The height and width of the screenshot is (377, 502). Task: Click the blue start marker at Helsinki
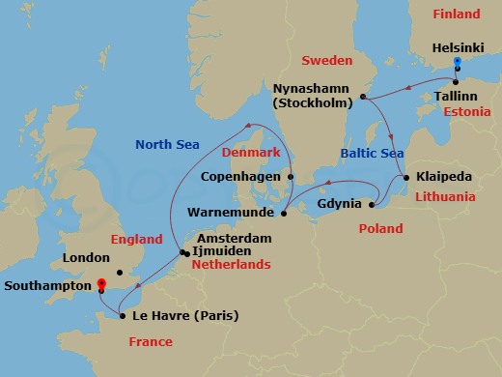click(457, 63)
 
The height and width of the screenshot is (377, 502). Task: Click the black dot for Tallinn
click(456, 81)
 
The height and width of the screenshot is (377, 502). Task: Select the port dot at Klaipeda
click(406, 178)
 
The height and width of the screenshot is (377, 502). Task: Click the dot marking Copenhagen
click(291, 177)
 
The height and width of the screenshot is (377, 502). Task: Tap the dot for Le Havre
click(123, 315)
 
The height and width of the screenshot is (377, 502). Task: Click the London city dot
click(118, 258)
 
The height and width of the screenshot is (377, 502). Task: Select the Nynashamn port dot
click(363, 97)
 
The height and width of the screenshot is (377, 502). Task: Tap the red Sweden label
click(326, 60)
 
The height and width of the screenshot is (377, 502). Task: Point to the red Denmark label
click(251, 154)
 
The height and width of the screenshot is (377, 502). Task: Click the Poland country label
click(381, 230)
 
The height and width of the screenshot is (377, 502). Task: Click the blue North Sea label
click(167, 145)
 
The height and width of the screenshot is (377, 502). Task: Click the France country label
click(150, 342)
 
